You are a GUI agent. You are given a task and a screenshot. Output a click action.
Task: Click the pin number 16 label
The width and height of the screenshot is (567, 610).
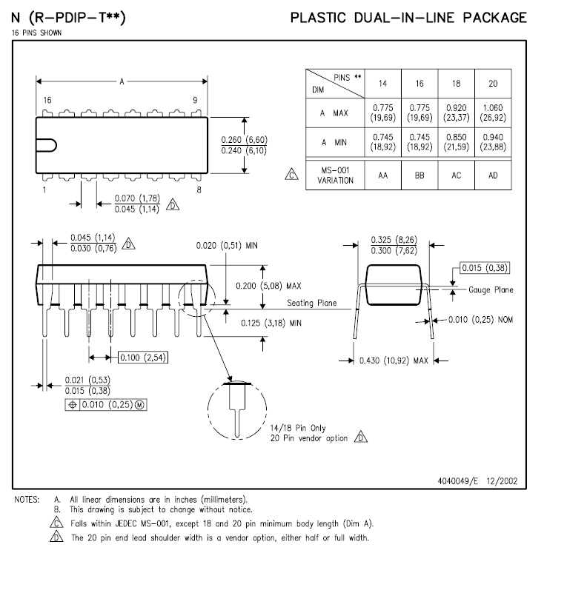tap(47, 100)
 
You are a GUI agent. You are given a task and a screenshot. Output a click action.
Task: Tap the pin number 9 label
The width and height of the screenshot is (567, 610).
tap(195, 100)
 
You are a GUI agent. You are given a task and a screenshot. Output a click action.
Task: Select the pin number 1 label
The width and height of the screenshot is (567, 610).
tap(44, 190)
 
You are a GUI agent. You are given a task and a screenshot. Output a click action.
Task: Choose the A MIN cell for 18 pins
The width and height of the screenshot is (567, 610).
tap(456, 142)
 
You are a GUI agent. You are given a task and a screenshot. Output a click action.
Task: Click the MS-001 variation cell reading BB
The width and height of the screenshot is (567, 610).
tap(420, 175)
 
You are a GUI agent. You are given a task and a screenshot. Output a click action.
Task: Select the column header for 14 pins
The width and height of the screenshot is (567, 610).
tap(382, 84)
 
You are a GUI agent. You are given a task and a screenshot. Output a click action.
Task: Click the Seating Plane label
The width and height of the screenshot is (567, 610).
tap(312, 303)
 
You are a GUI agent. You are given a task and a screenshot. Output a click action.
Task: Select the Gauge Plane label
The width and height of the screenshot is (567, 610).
tap(491, 289)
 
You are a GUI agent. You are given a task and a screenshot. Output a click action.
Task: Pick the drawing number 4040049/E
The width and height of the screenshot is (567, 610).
tap(460, 481)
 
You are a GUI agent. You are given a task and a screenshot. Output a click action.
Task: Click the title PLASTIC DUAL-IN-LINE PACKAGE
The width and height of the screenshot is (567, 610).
tap(408, 18)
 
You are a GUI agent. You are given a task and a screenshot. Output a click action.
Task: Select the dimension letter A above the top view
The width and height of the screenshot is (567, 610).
tap(122, 81)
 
